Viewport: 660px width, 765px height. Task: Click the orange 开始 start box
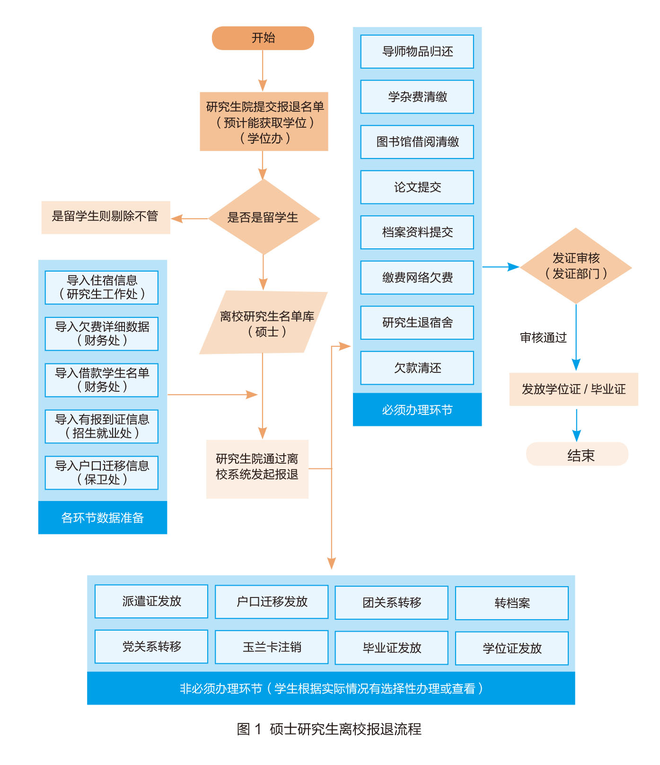(x=263, y=38)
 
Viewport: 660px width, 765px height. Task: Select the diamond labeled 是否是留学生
(x=264, y=218)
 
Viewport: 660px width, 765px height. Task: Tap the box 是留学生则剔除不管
(x=106, y=217)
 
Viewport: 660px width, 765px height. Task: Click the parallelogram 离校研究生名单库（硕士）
(x=264, y=323)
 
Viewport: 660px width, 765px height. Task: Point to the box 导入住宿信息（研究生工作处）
(x=102, y=287)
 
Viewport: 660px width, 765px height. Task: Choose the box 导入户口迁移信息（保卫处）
(x=102, y=473)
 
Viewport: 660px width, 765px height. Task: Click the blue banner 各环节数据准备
(x=103, y=518)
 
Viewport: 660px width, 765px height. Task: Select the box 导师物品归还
(x=417, y=52)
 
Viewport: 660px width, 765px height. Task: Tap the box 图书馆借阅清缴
(x=417, y=142)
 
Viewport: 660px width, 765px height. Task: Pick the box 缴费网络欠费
(x=417, y=278)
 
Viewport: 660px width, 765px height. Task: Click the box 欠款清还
(x=417, y=368)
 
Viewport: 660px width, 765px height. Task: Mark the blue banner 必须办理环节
(x=417, y=410)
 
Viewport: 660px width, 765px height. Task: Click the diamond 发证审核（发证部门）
(x=576, y=266)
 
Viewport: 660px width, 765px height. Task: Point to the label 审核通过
(x=543, y=337)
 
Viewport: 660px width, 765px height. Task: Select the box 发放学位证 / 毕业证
(x=573, y=389)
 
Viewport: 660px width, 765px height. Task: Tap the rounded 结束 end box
(x=577, y=455)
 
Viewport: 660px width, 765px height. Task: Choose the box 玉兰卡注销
(x=272, y=647)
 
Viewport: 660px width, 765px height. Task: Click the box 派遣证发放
(x=151, y=601)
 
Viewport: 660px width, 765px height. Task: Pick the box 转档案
(x=512, y=603)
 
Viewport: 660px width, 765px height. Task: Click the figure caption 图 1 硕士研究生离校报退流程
(x=329, y=729)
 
